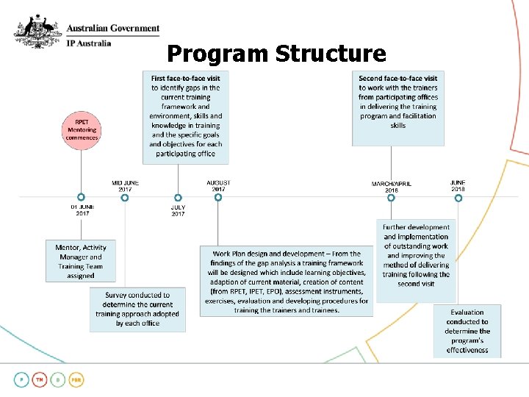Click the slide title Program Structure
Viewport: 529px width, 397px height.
point(276,54)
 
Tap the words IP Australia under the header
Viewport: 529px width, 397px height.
point(89,43)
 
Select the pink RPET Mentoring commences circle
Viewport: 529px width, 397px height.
point(82,130)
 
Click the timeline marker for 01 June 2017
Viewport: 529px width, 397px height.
point(82,197)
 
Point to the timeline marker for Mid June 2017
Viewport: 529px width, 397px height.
point(125,197)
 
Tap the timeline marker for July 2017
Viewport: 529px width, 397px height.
point(178,197)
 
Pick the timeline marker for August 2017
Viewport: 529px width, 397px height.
point(218,197)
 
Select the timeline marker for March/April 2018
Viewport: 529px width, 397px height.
point(391,197)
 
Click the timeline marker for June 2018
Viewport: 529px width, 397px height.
point(457,197)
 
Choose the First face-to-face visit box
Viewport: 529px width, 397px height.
point(186,116)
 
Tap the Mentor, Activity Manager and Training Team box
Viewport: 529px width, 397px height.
point(81,262)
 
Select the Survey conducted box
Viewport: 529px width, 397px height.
point(137,309)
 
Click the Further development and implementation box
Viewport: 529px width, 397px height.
point(416,255)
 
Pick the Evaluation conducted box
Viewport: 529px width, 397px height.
point(467,331)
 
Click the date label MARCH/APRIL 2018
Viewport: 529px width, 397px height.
point(391,186)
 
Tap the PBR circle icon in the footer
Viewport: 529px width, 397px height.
point(76,380)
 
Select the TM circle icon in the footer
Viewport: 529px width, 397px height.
point(41,380)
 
